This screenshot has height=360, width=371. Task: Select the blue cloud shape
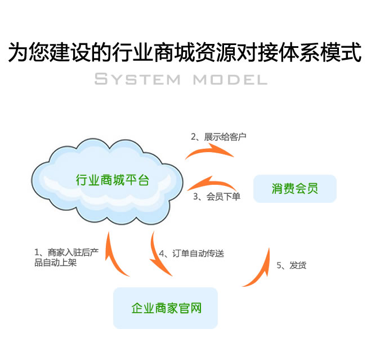[x=107, y=180]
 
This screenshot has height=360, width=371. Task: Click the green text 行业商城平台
[x=113, y=180]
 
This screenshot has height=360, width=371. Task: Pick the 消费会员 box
[x=294, y=189]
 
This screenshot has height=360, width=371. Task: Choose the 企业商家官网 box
[x=166, y=308]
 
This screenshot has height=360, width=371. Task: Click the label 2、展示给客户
[x=218, y=136]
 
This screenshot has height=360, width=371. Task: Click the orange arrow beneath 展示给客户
[x=208, y=151]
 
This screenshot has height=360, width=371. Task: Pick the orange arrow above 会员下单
[x=211, y=184]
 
